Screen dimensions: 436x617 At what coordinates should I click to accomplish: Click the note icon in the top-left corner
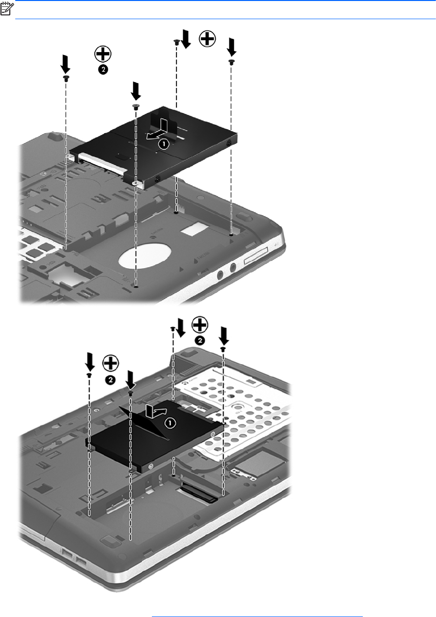click(7, 8)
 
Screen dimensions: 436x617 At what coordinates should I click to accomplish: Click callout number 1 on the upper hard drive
click(164, 144)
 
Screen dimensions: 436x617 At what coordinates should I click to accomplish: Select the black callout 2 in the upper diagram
click(103, 69)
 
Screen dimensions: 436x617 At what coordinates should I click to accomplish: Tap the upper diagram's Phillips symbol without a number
click(207, 38)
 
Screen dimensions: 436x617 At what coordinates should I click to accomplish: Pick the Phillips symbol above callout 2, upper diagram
click(103, 54)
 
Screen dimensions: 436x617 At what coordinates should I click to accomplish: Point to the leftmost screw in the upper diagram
click(66, 78)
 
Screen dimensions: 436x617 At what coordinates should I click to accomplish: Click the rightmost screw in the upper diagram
click(232, 62)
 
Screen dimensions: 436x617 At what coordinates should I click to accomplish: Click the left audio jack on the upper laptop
click(220, 275)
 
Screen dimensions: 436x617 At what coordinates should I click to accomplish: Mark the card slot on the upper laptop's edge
click(256, 255)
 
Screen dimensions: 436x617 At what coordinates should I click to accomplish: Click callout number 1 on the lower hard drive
click(171, 423)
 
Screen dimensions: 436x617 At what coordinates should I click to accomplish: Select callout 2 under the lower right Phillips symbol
click(200, 341)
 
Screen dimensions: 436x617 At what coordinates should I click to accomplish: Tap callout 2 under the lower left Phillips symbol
click(110, 380)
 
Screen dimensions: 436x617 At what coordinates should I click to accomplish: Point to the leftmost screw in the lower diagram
click(89, 375)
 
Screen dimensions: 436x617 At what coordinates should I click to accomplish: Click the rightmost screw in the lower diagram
click(223, 349)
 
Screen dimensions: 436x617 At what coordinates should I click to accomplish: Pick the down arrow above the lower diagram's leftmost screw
click(90, 362)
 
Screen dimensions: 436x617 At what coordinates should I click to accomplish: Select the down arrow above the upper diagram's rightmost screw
click(232, 47)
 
